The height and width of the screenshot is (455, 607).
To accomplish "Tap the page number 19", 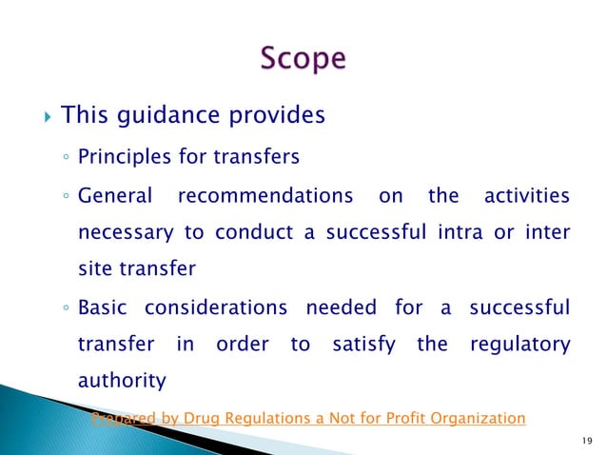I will click(x=581, y=439).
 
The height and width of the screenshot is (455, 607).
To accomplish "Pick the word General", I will click(x=114, y=197).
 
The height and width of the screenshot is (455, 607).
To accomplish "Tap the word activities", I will click(x=526, y=197).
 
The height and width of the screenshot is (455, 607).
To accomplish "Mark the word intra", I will click(x=460, y=233).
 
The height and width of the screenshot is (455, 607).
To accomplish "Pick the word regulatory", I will click(x=520, y=345).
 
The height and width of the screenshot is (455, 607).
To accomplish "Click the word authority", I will click(x=121, y=382).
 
